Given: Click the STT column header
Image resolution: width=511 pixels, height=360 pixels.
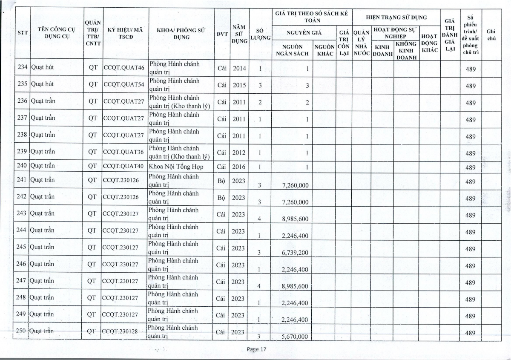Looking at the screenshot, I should (x=23, y=33).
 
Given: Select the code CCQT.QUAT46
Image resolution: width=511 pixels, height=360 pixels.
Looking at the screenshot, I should (x=123, y=67).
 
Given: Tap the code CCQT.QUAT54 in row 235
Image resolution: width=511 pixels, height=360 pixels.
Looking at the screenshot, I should (x=123, y=84).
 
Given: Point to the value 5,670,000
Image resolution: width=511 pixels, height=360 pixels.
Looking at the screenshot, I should (x=295, y=337).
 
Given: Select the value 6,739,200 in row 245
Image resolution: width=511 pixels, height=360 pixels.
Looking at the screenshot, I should (x=295, y=252).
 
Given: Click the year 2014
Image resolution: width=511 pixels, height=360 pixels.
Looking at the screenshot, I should (x=239, y=67).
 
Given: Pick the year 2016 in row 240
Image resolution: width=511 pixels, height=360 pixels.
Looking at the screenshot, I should (x=239, y=167).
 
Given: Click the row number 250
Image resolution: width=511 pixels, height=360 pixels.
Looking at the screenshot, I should (x=22, y=331).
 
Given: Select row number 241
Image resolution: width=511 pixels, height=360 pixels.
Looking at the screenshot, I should (x=22, y=180).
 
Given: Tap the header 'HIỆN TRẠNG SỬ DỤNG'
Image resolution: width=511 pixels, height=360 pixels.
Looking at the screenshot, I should (x=396, y=18).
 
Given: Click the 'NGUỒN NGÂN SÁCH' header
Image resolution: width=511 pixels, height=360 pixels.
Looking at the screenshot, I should (x=292, y=50).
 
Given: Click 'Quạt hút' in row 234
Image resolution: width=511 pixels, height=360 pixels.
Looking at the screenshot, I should (x=42, y=66).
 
